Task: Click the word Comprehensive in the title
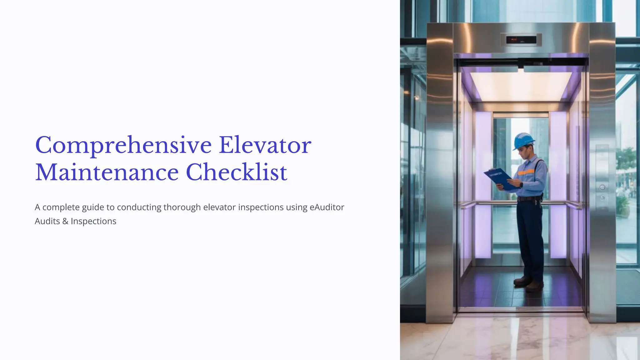123,146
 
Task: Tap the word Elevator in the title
265,145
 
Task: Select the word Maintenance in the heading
107,172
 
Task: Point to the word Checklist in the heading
236,172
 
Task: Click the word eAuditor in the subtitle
327,207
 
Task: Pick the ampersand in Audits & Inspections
65,221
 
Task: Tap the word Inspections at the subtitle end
93,221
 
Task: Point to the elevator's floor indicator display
521,40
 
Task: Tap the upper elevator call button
602,187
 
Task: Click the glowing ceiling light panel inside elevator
521,86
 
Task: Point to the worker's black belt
529,198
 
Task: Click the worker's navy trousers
531,237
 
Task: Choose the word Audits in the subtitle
47,221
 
